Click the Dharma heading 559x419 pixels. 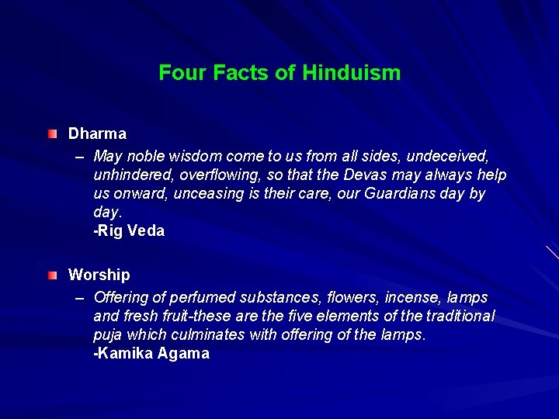coord(97,133)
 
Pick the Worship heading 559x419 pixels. coord(99,275)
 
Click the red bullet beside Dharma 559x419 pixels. coord(51,133)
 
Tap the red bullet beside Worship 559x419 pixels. coord(51,275)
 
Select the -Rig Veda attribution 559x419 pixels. coord(129,231)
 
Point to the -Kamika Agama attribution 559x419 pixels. coord(151,354)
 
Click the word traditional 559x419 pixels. coord(457,316)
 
